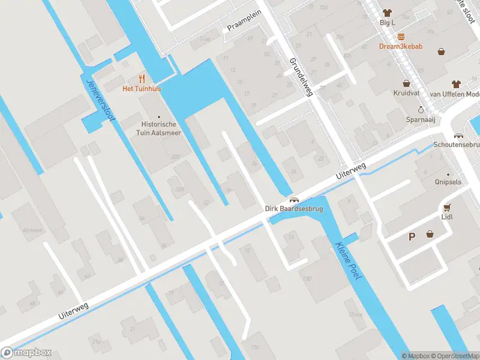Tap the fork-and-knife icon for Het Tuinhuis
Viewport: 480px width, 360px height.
coord(142,79)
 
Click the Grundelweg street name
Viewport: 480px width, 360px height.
coord(301,77)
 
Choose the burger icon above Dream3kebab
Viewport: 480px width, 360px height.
coord(400,36)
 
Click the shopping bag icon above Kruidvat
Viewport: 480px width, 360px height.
coord(406,84)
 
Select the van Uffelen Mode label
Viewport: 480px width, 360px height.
coord(455,94)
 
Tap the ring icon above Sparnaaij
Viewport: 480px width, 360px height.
coord(421,110)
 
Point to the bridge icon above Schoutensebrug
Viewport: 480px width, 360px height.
coord(459,136)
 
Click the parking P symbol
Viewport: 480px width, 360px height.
coord(412,236)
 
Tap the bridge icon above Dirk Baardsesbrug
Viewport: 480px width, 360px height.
coord(293,200)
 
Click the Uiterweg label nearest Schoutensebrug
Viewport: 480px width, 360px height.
coord(350,172)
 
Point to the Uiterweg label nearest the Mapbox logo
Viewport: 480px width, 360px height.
coord(73,310)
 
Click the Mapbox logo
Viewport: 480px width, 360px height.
coord(26,353)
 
